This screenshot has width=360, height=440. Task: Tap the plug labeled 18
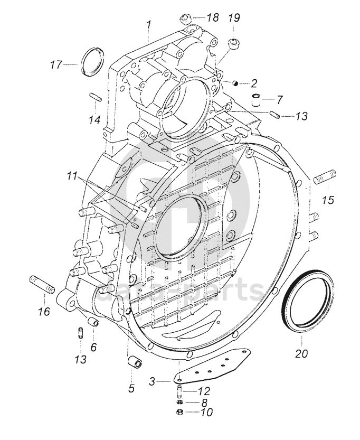tap(185, 20)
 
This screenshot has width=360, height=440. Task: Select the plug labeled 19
tap(234, 43)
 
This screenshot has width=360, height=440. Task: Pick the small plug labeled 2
tap(235, 83)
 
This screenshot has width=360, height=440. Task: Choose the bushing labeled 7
tap(255, 100)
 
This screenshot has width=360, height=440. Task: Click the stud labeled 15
tap(325, 177)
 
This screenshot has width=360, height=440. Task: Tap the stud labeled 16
tap(42, 284)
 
